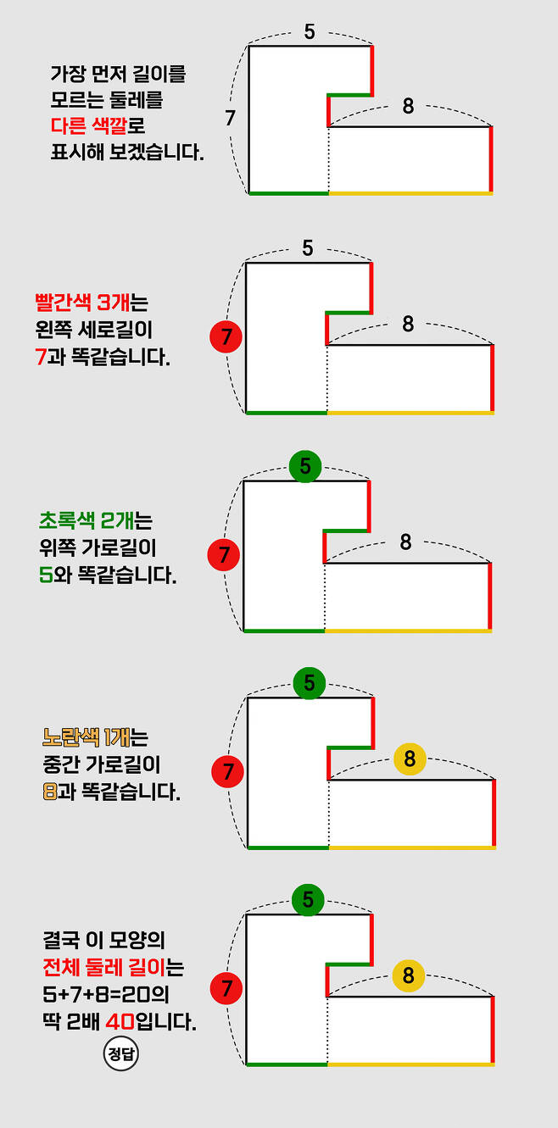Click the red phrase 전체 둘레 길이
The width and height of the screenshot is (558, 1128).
click(108, 967)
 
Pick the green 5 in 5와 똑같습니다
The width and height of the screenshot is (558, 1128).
click(46, 575)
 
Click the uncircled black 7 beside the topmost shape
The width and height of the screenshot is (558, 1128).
click(230, 119)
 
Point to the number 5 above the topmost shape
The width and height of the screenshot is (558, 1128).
click(309, 32)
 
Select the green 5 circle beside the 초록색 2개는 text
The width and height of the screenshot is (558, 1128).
click(305, 465)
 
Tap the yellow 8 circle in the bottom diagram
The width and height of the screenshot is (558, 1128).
click(409, 975)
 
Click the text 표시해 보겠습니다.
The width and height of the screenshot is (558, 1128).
click(127, 154)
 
